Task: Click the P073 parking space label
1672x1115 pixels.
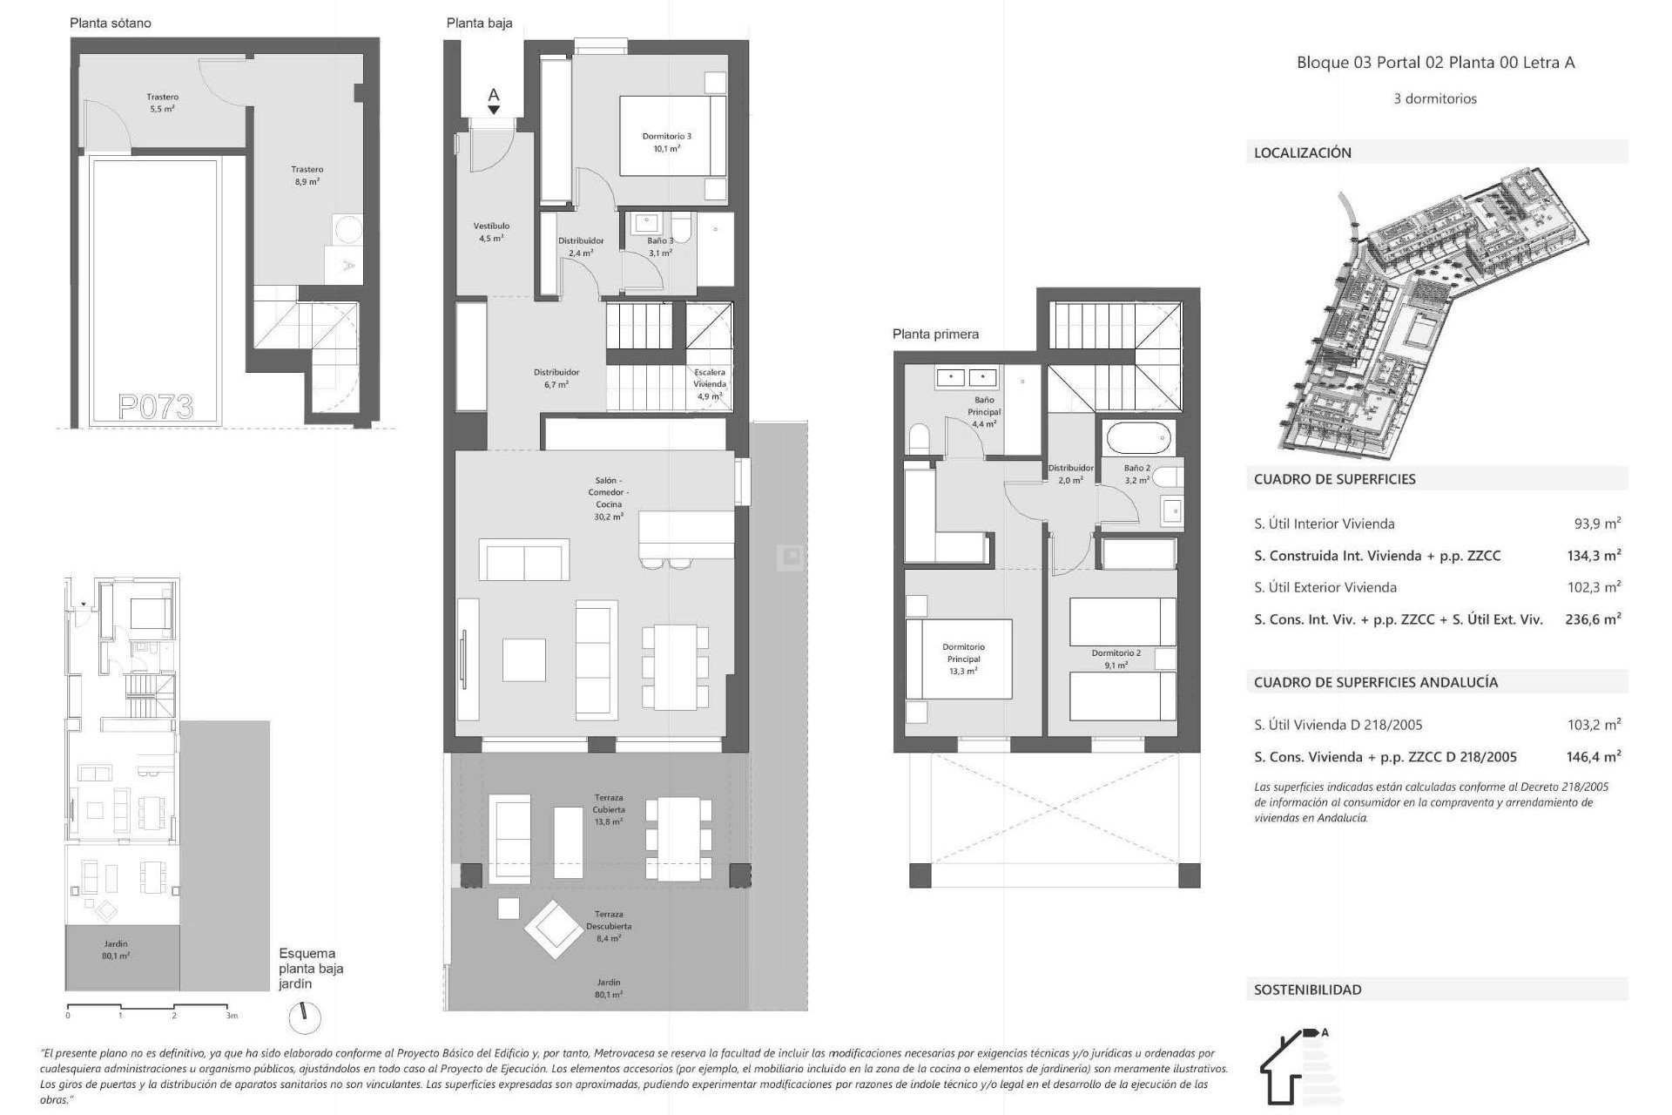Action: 156,407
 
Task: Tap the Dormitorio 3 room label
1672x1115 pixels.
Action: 667,142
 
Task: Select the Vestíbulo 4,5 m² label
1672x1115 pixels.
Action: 491,232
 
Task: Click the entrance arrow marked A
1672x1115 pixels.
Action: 494,100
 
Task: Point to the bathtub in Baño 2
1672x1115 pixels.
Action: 1138,437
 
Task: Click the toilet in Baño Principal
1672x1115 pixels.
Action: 920,438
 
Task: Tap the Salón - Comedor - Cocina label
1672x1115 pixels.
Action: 609,498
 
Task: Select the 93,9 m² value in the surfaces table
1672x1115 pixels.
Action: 1597,524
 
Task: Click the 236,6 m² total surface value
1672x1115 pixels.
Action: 1593,619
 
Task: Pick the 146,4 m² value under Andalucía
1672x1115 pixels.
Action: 1593,757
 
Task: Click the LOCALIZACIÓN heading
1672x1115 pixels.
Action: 1303,152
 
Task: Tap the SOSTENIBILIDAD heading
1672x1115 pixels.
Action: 1307,990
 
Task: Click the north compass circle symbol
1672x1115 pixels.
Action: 305,1017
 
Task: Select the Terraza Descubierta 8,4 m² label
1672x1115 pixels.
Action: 609,926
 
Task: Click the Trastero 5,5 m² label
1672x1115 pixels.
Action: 163,103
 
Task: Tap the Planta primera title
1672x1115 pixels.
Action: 935,334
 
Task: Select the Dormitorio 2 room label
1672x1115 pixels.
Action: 1116,659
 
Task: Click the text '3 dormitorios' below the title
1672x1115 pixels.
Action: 1435,99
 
